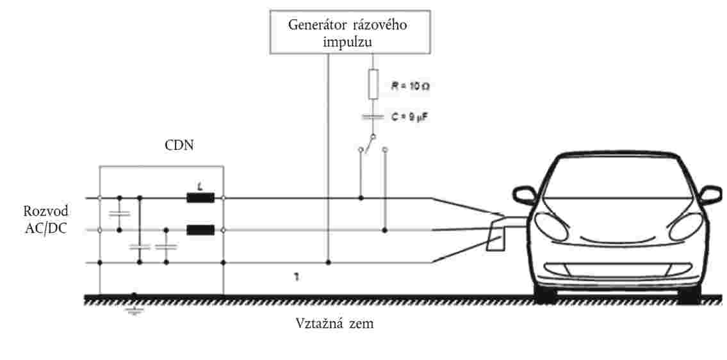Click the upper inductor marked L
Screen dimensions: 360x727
(200, 198)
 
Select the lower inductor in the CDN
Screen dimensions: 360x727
(200, 229)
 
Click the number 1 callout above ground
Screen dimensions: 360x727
(297, 277)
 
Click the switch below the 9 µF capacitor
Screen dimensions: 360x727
(370, 143)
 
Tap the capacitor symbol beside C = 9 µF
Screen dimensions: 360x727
(373, 117)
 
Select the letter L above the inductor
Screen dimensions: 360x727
(200, 186)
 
